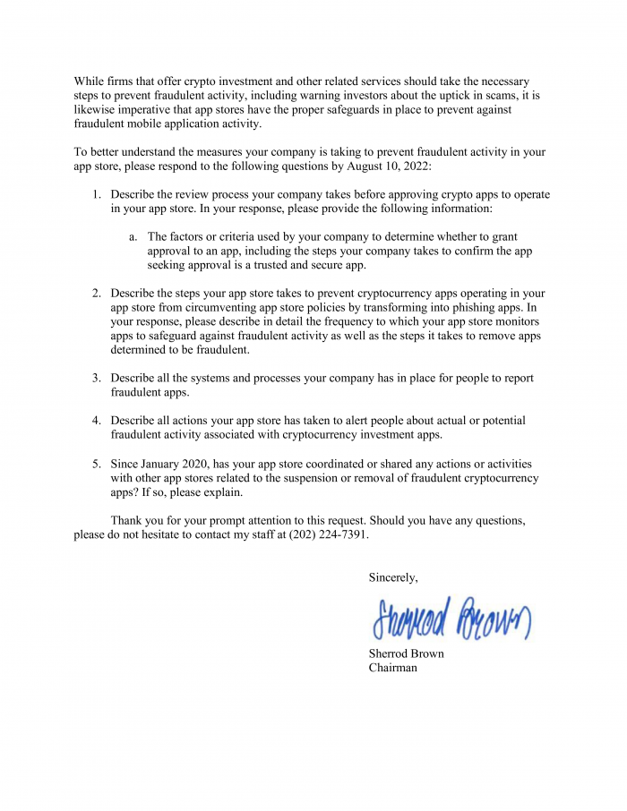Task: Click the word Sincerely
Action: point(393,578)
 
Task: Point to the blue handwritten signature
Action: point(451,618)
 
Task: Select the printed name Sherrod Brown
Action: point(406,653)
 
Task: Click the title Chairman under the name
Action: point(392,668)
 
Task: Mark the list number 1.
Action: point(97,194)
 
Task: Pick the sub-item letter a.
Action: point(133,237)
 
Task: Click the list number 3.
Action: point(97,379)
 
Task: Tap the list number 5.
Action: point(97,465)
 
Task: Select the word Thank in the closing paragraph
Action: point(127,521)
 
